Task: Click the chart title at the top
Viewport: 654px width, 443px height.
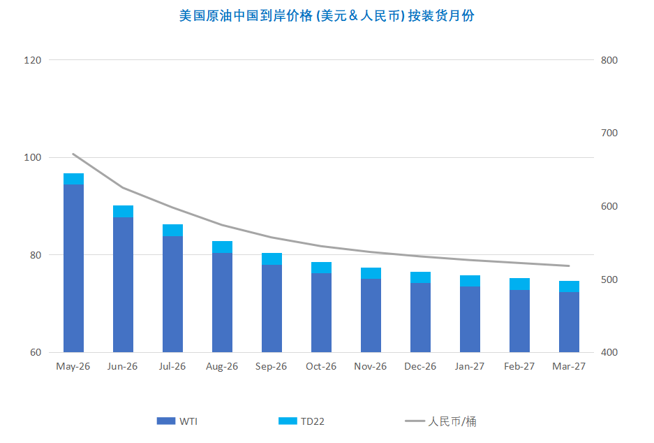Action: [327, 15]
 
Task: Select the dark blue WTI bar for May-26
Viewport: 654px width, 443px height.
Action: [73, 269]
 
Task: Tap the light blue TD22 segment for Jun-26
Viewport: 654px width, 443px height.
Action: [123, 211]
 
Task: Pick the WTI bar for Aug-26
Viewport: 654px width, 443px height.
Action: [222, 303]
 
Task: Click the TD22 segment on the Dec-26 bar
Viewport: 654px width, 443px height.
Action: [420, 277]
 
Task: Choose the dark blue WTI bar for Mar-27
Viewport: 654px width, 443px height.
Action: [569, 322]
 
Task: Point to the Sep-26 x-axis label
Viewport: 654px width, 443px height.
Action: [272, 367]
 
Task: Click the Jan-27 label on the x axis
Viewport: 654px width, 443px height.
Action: [470, 367]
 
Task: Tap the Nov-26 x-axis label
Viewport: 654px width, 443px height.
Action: [371, 367]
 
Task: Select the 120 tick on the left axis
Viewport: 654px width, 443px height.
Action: [33, 61]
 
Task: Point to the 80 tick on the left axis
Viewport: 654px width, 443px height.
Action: [36, 255]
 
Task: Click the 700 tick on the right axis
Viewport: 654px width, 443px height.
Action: [609, 133]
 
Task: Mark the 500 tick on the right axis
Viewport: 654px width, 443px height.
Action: [609, 279]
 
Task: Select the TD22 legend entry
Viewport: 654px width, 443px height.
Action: [302, 421]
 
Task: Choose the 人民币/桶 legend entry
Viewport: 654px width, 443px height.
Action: [441, 421]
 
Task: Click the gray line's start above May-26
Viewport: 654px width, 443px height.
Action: [73, 154]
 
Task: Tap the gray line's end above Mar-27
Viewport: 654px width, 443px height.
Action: [569, 266]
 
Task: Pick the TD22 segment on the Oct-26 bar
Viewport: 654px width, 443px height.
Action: [321, 268]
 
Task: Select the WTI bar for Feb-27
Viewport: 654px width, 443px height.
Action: [519, 321]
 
